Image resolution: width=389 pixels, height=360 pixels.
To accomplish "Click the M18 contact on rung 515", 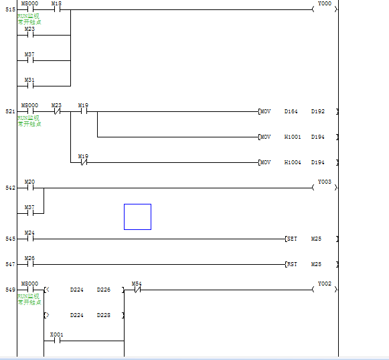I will pyautogui.click(x=56, y=10).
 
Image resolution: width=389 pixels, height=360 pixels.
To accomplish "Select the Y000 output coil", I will pyautogui.click(x=325, y=9).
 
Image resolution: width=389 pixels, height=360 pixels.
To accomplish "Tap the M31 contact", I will pyautogui.click(x=29, y=86).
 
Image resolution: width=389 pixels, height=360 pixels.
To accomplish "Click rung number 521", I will pyautogui.click(x=10, y=111).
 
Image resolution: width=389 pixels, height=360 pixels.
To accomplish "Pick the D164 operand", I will pyautogui.click(x=291, y=111).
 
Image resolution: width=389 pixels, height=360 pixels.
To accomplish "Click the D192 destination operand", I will pyautogui.click(x=317, y=111).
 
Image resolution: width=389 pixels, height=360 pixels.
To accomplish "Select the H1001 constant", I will pyautogui.click(x=292, y=137).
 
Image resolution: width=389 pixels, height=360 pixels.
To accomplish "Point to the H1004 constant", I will pyautogui.click(x=292, y=162).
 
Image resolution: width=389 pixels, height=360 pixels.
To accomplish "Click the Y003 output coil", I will pyautogui.click(x=325, y=188).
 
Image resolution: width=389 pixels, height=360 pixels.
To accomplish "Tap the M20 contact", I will pyautogui.click(x=29, y=188).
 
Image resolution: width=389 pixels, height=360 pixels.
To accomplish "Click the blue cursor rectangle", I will pyautogui.click(x=137, y=217).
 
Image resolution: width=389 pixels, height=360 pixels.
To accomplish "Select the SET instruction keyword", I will pyautogui.click(x=292, y=239).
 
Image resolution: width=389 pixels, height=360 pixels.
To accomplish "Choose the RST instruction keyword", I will pyautogui.click(x=292, y=264).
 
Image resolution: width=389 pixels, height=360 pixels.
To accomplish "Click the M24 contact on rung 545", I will pyautogui.click(x=29, y=239).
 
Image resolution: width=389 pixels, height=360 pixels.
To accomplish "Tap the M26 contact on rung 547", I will pyautogui.click(x=29, y=264).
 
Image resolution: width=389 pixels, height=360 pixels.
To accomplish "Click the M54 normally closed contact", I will pyautogui.click(x=137, y=290).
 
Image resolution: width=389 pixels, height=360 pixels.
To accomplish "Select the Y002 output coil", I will pyautogui.click(x=325, y=290).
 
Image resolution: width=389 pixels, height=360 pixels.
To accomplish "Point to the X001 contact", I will pyautogui.click(x=56, y=340).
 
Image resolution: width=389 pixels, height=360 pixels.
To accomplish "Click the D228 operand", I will pyautogui.click(x=104, y=315).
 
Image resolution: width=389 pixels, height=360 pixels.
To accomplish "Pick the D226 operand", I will pyautogui.click(x=104, y=290).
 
